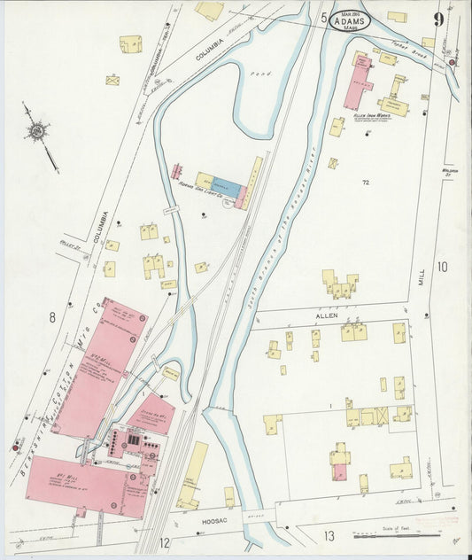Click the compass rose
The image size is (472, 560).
tap(37, 131)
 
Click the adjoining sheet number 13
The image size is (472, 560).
tap(329, 535)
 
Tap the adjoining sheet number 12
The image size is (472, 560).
tap(164, 541)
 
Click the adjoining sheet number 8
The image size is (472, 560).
tap(53, 316)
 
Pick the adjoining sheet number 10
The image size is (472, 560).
tap(442, 267)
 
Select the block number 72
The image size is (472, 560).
tap(365, 182)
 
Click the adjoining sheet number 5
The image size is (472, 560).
tap(324, 18)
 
